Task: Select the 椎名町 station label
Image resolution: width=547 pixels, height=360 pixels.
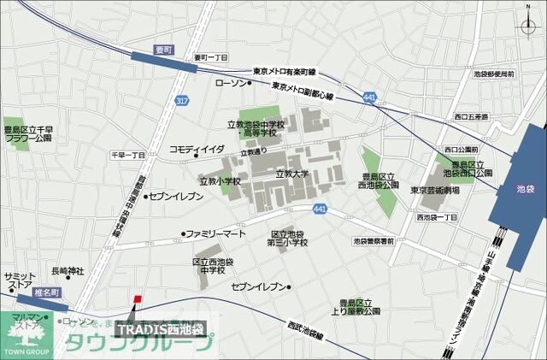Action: [33, 291]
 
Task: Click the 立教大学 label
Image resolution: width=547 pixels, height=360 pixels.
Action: [291, 174]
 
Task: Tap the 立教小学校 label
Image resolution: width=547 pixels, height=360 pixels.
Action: [220, 181]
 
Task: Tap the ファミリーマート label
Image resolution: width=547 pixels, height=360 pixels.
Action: [215, 233]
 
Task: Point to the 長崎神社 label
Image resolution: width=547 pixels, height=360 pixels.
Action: [68, 271]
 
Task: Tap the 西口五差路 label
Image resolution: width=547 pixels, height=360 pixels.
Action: [472, 117]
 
